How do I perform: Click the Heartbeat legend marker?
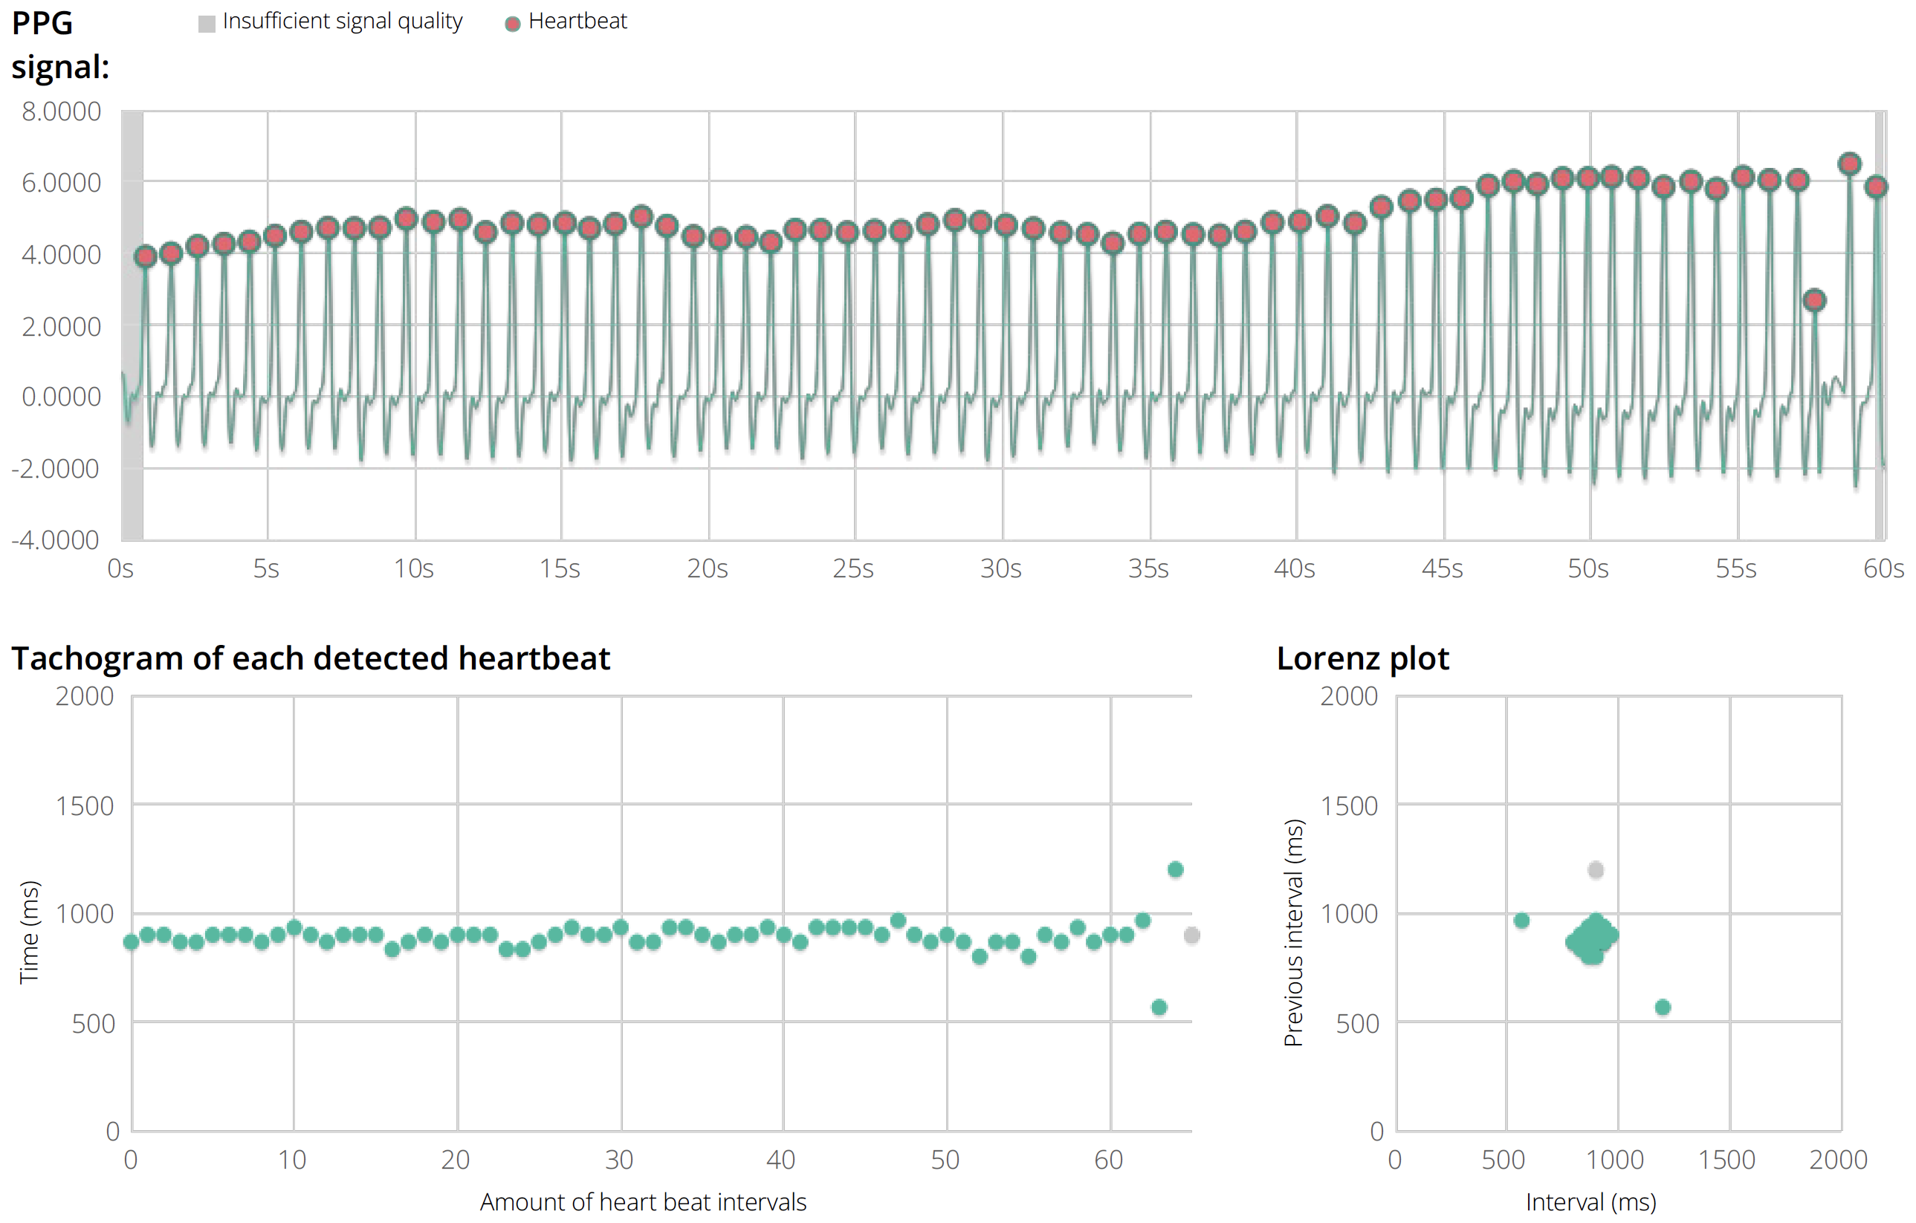[512, 24]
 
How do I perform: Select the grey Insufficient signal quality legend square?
[207, 24]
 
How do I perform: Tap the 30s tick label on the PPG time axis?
[1000, 569]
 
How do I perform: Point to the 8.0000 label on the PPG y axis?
[61, 111]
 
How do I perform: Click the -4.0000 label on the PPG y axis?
[56, 540]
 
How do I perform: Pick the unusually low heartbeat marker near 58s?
[1814, 300]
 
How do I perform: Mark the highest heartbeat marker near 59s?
[1849, 164]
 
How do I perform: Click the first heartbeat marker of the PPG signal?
[146, 256]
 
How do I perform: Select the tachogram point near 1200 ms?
[1175, 869]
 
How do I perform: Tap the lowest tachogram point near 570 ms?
[1159, 1008]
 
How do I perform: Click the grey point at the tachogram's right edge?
[1191, 935]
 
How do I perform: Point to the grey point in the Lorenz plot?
[1596, 870]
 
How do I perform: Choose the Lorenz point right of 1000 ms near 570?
[1662, 1008]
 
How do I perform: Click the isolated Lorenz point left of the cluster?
[1521, 921]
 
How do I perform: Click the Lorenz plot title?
[1362, 659]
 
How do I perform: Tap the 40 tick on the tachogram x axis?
[780, 1160]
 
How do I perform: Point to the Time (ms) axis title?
[29, 932]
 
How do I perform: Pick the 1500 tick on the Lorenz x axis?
[1726, 1160]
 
